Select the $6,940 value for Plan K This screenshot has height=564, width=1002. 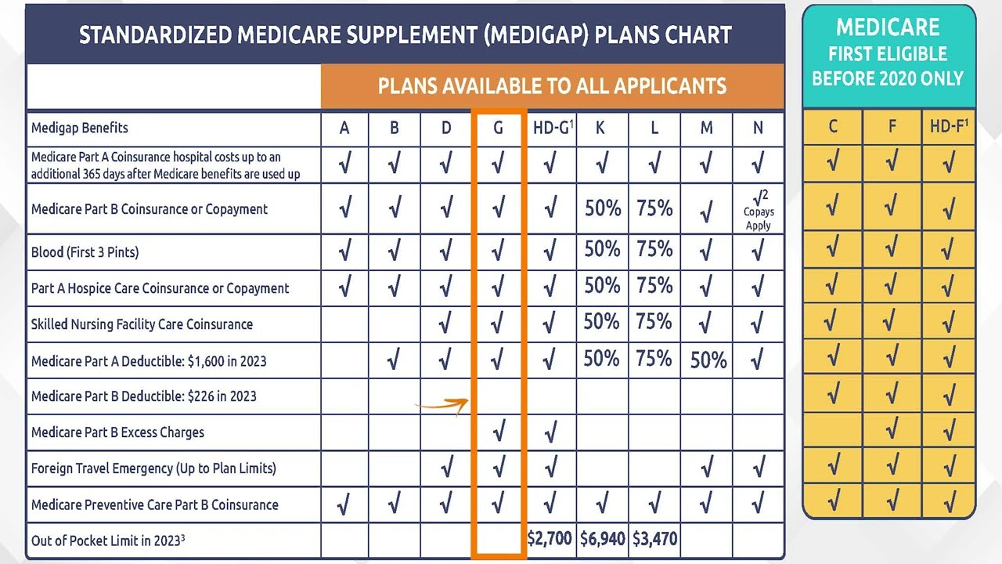pyautogui.click(x=602, y=539)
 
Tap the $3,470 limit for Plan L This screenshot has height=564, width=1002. pyautogui.click(x=654, y=539)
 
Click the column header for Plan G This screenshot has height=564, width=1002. pyautogui.click(x=498, y=128)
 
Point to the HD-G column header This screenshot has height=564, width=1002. pyautogui.click(x=551, y=128)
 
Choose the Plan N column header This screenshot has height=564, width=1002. pyautogui.click(x=757, y=128)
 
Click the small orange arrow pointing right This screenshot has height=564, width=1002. pyautogui.click(x=442, y=405)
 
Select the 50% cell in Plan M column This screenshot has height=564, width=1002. pyautogui.click(x=708, y=360)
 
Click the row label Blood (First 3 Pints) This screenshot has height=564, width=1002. pyautogui.click(x=85, y=252)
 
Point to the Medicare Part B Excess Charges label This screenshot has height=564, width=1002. pyautogui.click(x=117, y=432)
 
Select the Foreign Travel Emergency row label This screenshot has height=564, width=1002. pyautogui.click(x=153, y=468)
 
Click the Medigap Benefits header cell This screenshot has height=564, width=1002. pyautogui.click(x=80, y=128)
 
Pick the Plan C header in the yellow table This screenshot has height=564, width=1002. pyautogui.click(x=832, y=127)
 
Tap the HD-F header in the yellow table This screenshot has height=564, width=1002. pyautogui.click(x=948, y=127)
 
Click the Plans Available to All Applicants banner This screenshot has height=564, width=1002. pyautogui.click(x=552, y=86)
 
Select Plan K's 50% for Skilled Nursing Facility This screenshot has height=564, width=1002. pyautogui.click(x=602, y=323)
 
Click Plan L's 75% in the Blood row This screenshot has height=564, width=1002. pyautogui.click(x=654, y=250)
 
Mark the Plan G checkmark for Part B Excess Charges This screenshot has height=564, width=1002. pyautogui.click(x=499, y=431)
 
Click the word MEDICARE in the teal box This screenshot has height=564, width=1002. pyautogui.click(x=888, y=28)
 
